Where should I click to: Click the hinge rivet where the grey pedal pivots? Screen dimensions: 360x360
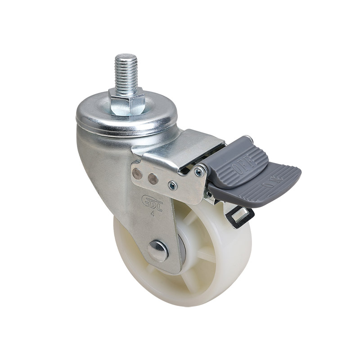pos(198,171)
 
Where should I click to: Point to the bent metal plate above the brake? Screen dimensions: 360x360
pos(189,148)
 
